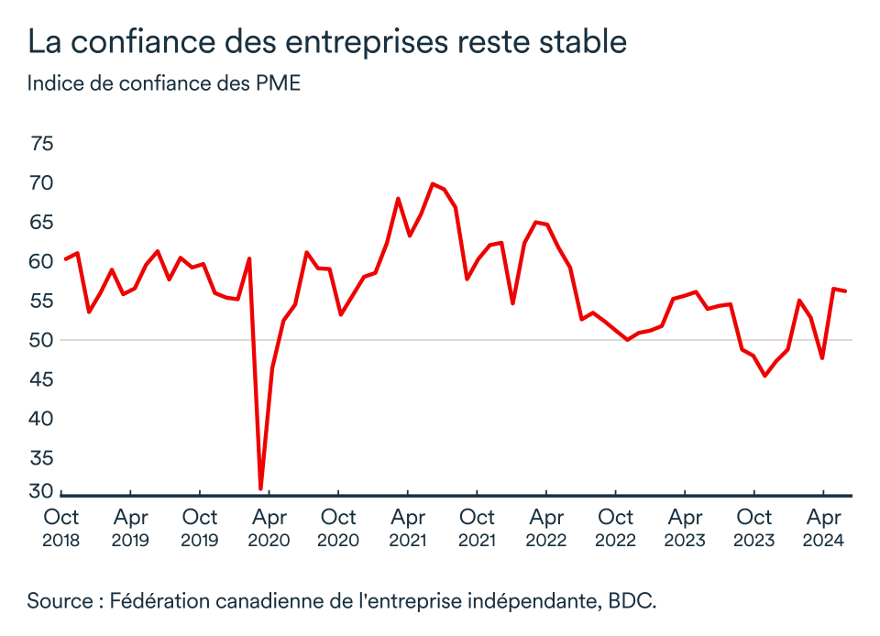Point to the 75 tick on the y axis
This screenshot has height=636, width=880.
(x=42, y=144)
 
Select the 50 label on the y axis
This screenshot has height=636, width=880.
(x=42, y=340)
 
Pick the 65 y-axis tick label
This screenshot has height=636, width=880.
(x=42, y=223)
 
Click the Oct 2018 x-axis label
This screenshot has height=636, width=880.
(x=61, y=528)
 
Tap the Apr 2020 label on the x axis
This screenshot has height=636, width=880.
(x=269, y=528)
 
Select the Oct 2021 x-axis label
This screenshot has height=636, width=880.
(x=477, y=528)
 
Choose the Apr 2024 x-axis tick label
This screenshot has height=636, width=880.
(x=823, y=528)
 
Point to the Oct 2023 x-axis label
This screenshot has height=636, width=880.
(x=754, y=528)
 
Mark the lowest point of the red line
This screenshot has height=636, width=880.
(x=261, y=488)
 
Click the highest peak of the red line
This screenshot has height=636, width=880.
(x=433, y=183)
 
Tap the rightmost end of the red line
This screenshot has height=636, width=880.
(x=845, y=291)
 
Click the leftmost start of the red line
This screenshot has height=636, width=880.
(x=65, y=258)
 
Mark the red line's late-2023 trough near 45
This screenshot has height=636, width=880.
(x=764, y=376)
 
